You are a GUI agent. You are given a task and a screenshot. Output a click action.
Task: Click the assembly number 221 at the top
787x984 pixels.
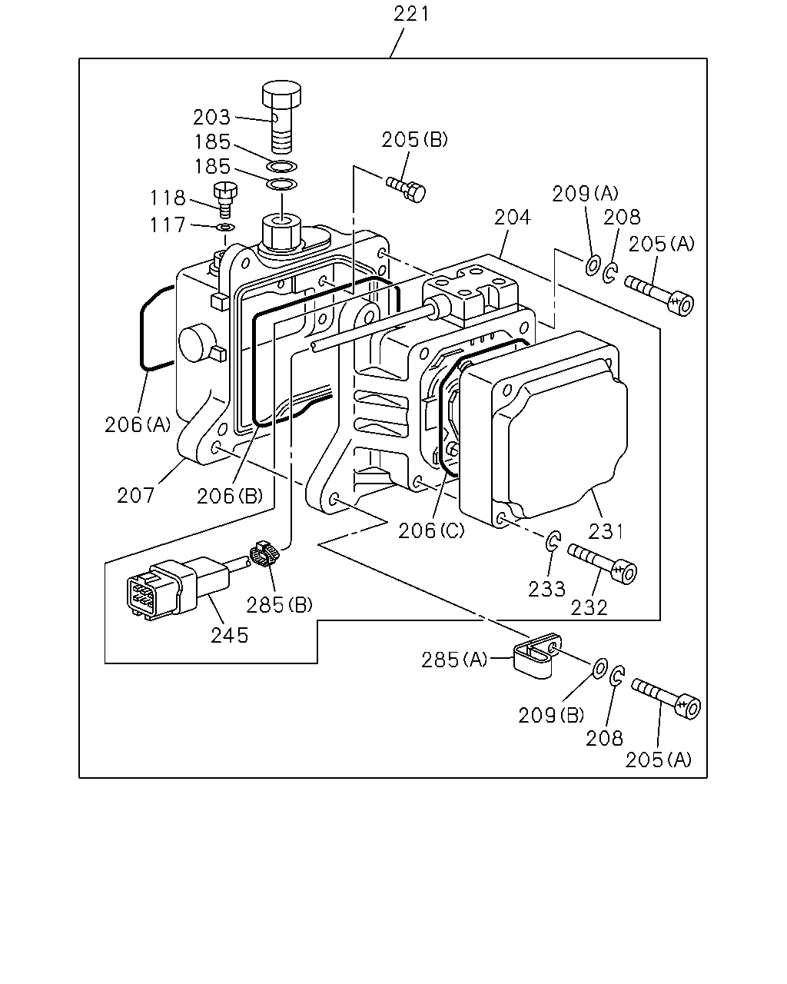coord(411,14)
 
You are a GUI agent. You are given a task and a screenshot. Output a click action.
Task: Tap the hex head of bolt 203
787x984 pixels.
coord(281,94)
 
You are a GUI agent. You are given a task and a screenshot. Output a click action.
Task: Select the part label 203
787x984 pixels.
coord(211,118)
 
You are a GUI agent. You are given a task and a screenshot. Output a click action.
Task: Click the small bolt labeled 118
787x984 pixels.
coord(225,199)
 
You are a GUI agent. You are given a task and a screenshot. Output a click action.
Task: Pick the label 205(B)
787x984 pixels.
coord(414,140)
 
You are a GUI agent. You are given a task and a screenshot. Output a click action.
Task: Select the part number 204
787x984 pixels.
coord(512,218)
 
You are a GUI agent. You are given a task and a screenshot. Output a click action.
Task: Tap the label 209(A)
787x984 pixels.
coord(585,194)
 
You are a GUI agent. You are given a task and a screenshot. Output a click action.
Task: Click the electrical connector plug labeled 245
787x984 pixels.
coord(178,587)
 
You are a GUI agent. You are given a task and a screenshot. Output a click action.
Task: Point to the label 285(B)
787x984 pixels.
coord(279,606)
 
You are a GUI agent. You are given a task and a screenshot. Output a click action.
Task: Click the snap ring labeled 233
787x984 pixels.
coord(553,542)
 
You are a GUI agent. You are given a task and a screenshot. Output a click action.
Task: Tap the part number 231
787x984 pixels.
coord(606,531)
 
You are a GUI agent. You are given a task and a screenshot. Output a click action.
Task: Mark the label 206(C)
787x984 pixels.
coord(430,531)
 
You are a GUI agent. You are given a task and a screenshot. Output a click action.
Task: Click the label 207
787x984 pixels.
coord(136,496)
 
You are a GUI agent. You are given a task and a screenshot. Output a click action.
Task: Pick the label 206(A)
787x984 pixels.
coord(138,425)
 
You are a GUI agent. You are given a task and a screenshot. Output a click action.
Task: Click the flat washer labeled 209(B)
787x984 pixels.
coord(600,669)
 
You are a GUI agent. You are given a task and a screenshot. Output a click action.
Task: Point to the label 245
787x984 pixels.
coord(230,636)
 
